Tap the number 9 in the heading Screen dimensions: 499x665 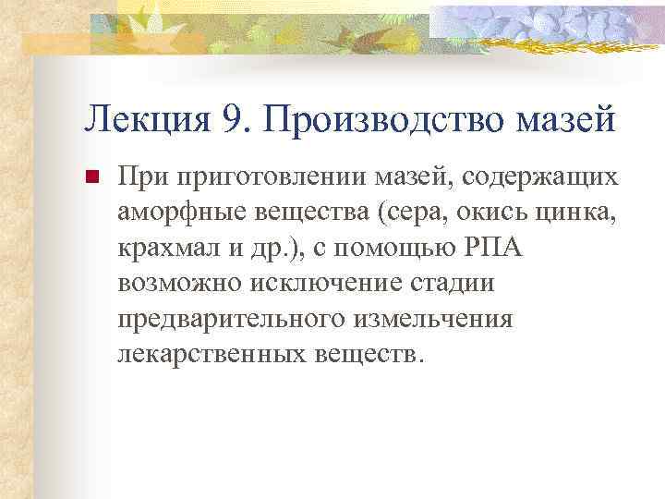coord(233,117)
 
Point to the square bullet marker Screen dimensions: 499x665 coord(91,177)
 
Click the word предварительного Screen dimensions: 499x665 coord(232,320)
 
